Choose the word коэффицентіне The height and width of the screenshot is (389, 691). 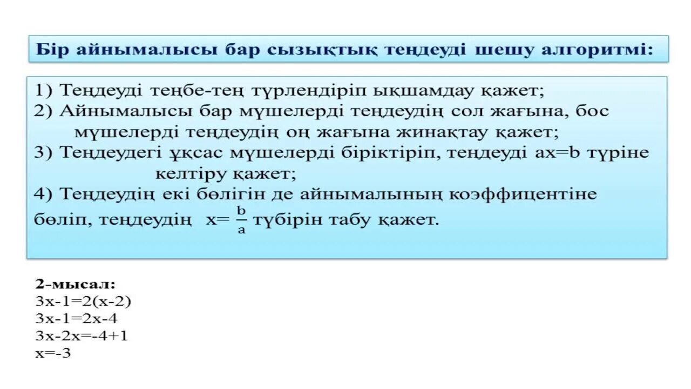coord(529,194)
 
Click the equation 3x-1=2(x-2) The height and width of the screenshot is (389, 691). coord(83,301)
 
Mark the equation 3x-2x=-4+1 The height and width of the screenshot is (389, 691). coord(82,336)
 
